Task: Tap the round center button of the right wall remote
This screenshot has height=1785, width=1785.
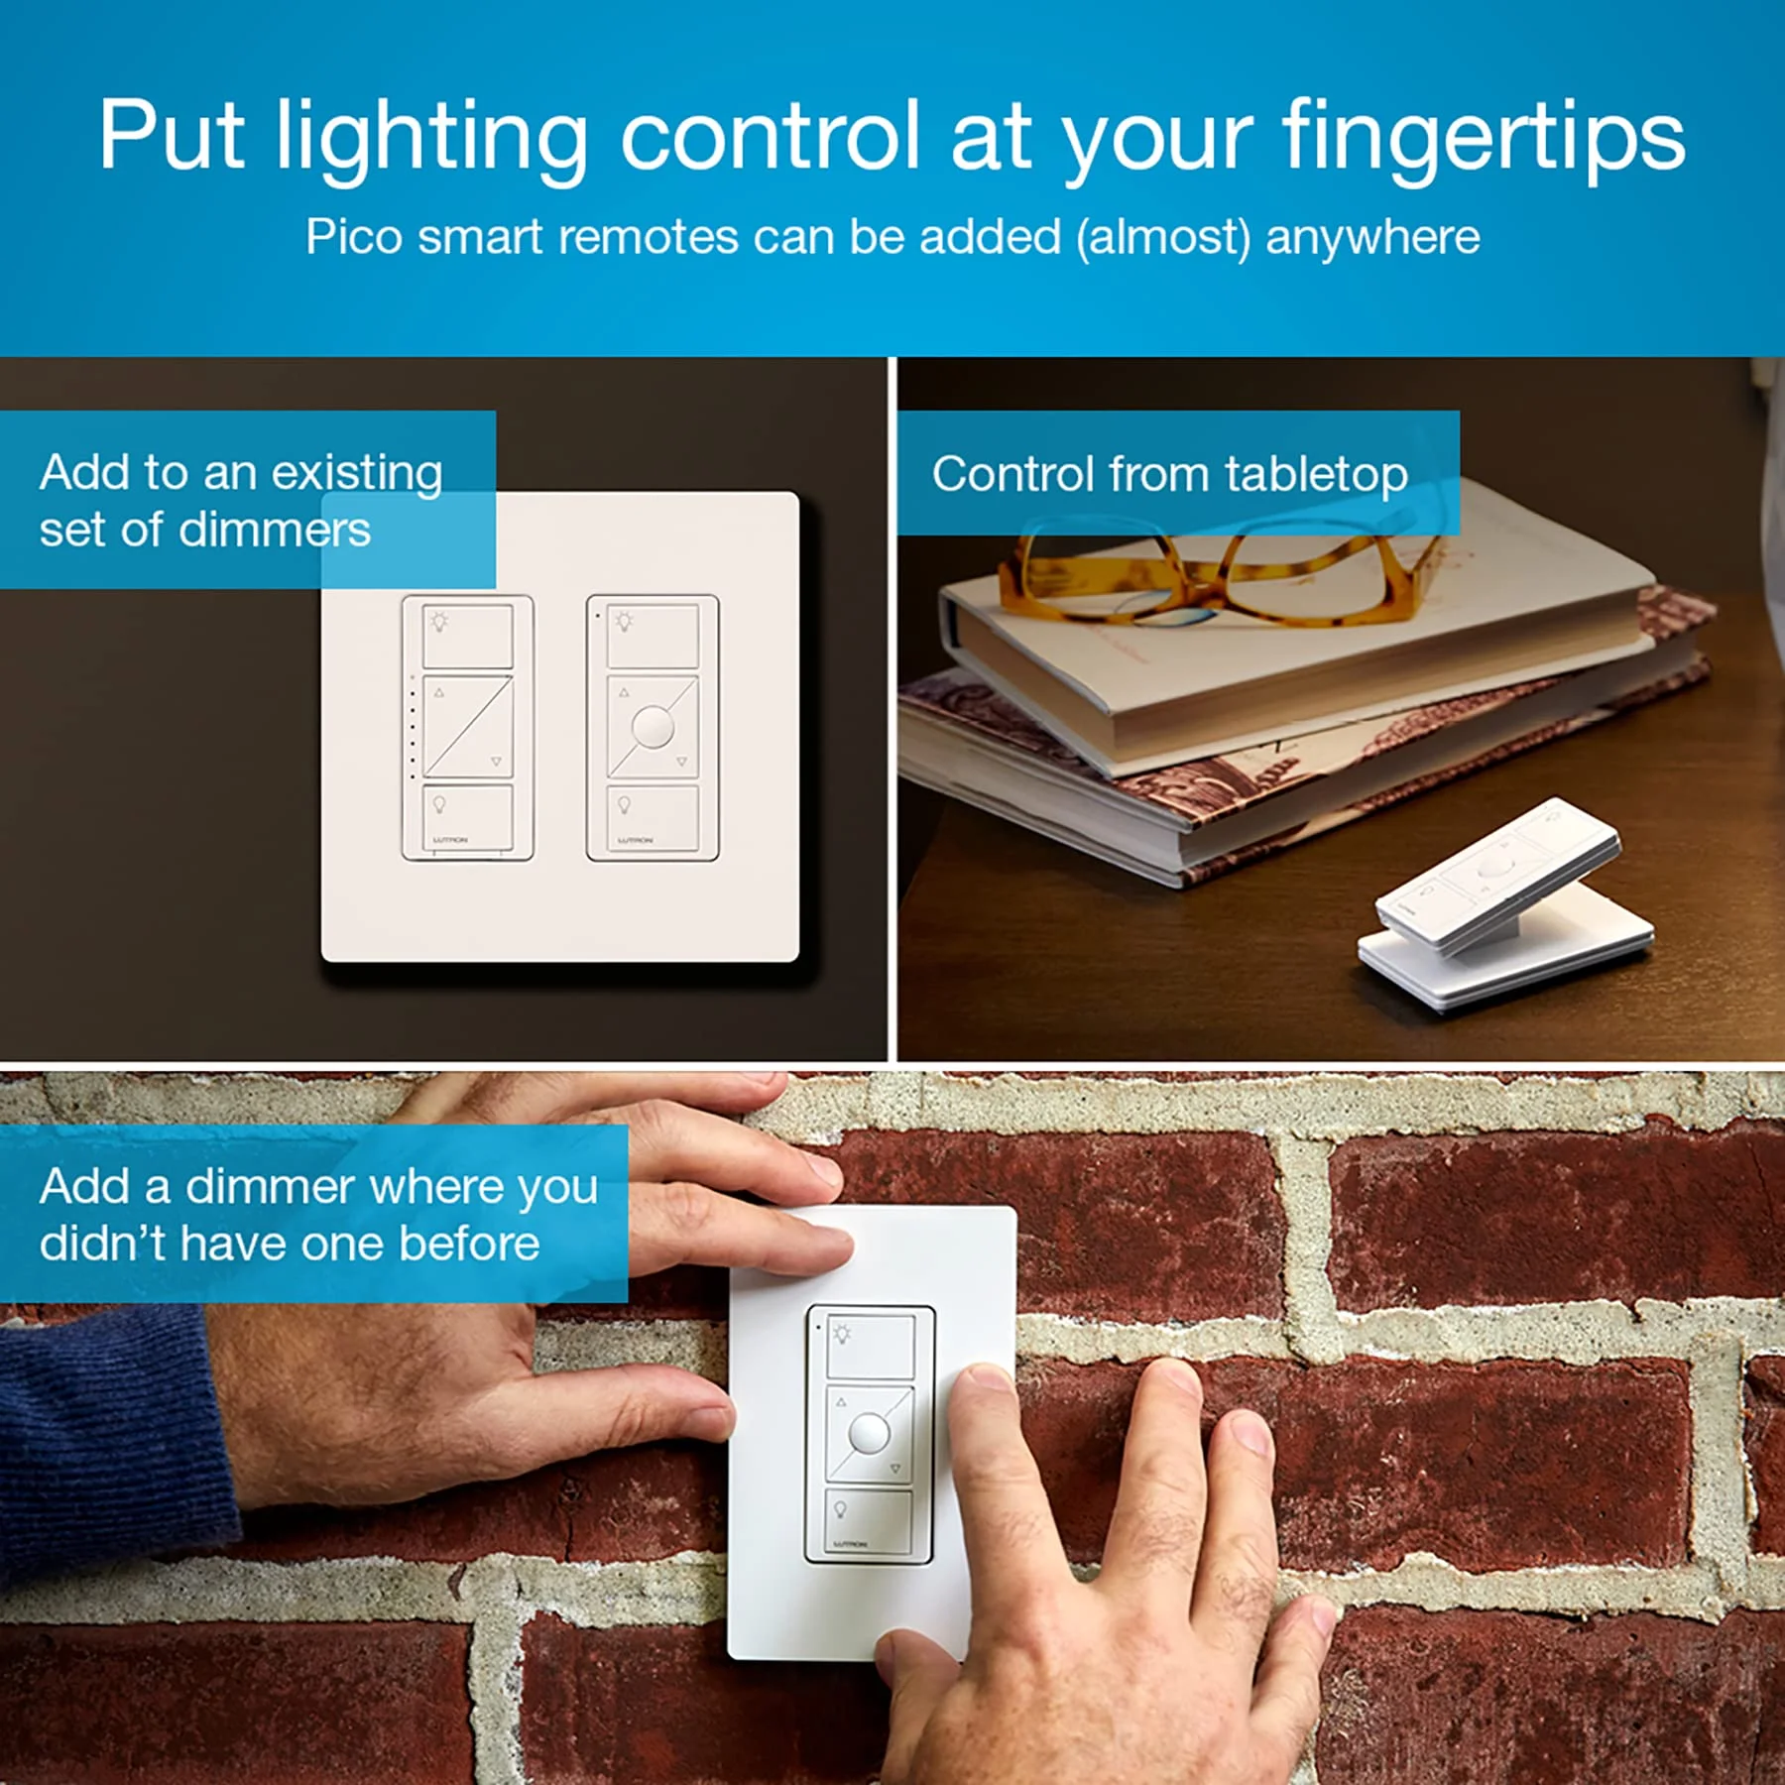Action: [x=653, y=727]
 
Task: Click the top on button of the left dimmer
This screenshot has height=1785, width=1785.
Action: [x=468, y=637]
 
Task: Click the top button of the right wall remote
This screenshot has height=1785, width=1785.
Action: [x=653, y=637]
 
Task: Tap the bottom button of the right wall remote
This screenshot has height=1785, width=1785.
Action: [x=653, y=818]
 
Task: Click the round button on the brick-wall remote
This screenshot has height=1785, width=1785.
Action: [x=869, y=1433]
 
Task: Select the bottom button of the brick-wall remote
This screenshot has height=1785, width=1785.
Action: [x=869, y=1520]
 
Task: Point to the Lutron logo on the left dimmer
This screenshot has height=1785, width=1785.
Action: [x=450, y=840]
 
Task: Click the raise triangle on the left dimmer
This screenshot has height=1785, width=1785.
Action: [x=439, y=693]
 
